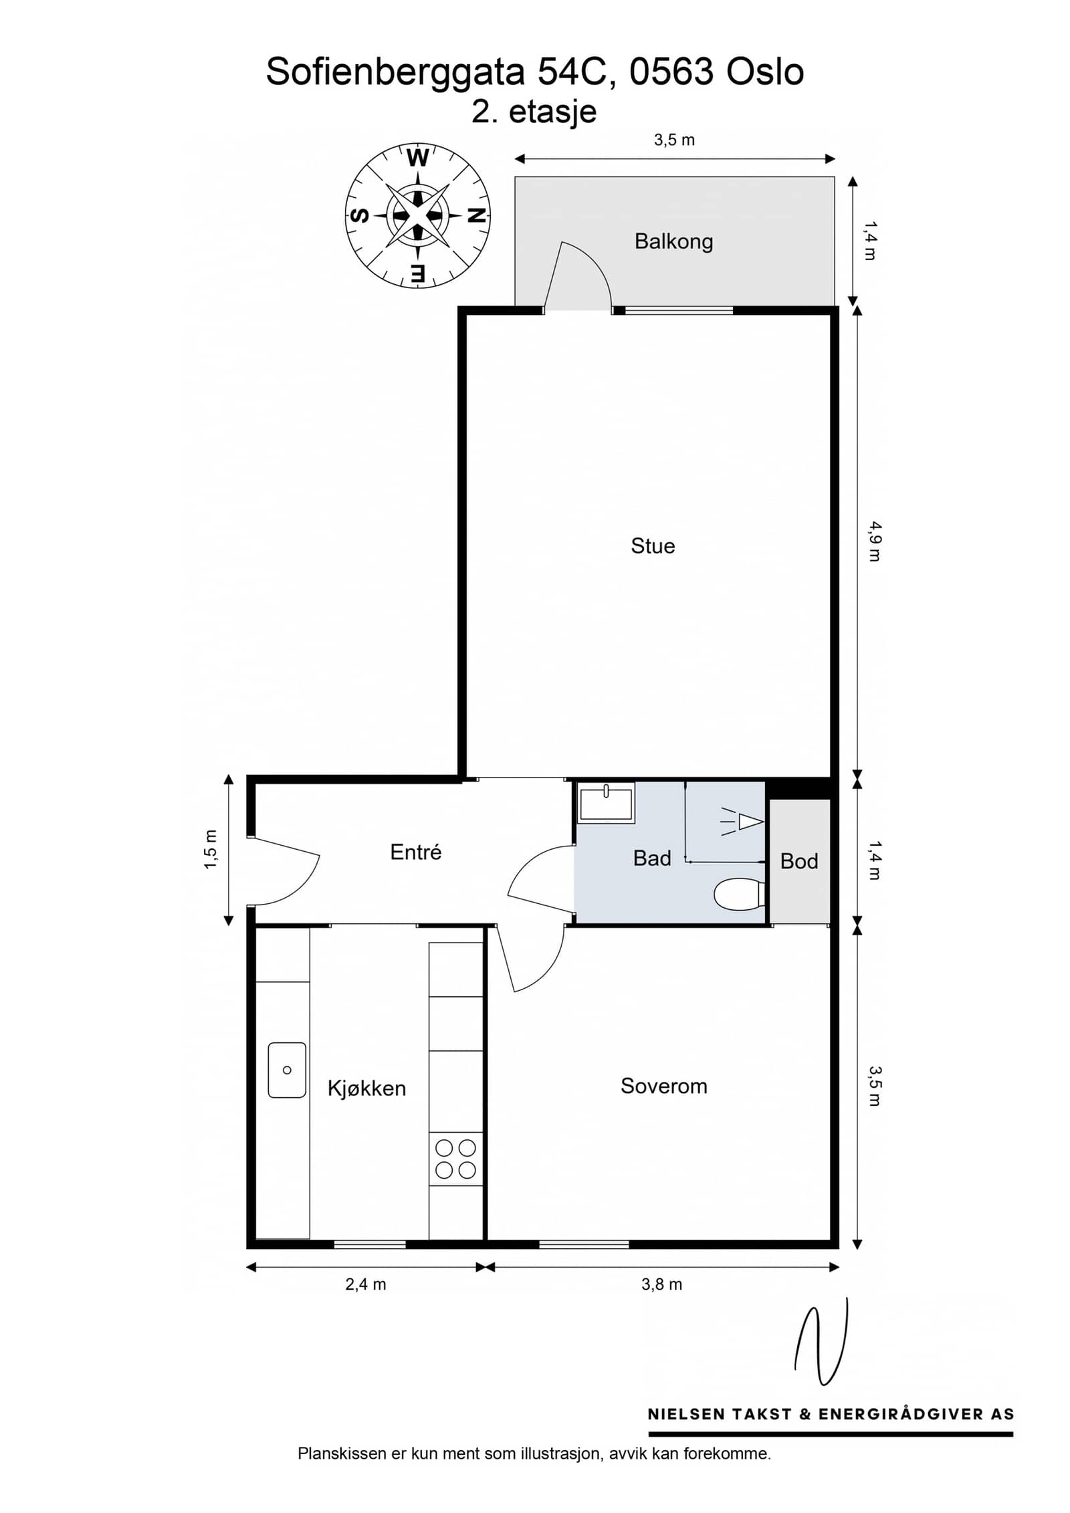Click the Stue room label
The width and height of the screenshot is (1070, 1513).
pyautogui.click(x=653, y=546)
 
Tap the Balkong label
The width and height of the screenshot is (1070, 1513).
pyautogui.click(x=673, y=241)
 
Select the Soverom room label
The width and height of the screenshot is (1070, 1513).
pyautogui.click(x=663, y=1086)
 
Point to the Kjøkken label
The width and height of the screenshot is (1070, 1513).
pyautogui.click(x=366, y=1088)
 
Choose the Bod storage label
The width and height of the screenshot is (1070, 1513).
pyautogui.click(x=799, y=861)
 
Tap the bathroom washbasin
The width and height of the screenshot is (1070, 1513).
pyautogui.click(x=606, y=803)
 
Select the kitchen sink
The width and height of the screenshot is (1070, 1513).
pyautogui.click(x=287, y=1070)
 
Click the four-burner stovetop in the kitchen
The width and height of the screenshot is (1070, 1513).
pyautogui.click(x=455, y=1159)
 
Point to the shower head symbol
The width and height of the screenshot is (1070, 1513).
pyautogui.click(x=742, y=822)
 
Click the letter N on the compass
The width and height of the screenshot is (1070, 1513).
pyautogui.click(x=476, y=215)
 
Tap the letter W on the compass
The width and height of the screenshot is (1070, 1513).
pyautogui.click(x=418, y=158)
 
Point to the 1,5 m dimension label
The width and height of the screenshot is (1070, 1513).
pyautogui.click(x=211, y=850)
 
